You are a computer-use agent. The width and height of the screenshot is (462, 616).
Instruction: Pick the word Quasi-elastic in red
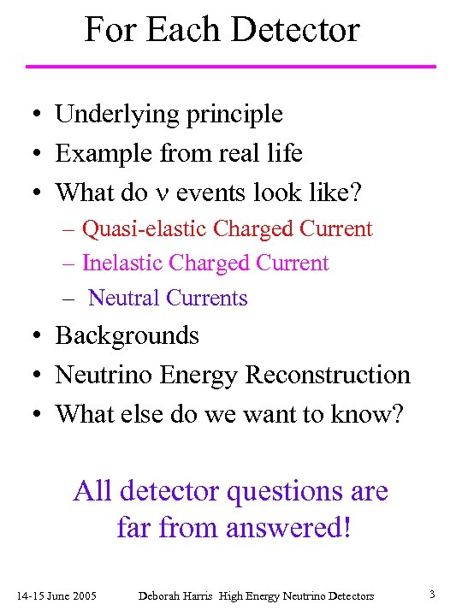coord(145,229)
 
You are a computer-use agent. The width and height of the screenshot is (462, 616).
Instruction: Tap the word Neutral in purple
coord(124,298)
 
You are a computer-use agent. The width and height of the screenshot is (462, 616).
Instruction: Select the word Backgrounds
coord(127,335)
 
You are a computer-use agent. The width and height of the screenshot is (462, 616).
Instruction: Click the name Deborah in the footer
coord(158,595)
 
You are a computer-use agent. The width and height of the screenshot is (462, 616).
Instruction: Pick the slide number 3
coord(433,595)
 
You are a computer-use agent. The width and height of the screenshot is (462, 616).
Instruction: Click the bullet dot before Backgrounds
coord(31,336)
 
